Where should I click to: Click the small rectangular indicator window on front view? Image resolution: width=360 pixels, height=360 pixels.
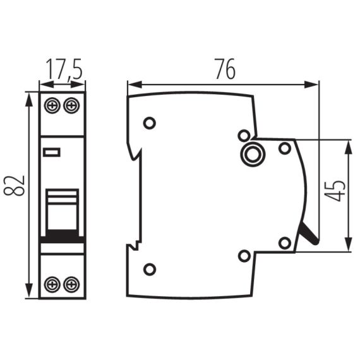tap(51, 152)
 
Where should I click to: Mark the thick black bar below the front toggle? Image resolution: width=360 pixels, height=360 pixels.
tap(62, 237)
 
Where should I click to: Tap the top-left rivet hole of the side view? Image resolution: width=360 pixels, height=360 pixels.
tap(150, 123)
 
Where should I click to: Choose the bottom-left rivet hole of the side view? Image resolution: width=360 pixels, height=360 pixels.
tap(150, 270)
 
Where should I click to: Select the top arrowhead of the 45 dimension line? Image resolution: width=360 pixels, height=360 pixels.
tap(347, 145)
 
